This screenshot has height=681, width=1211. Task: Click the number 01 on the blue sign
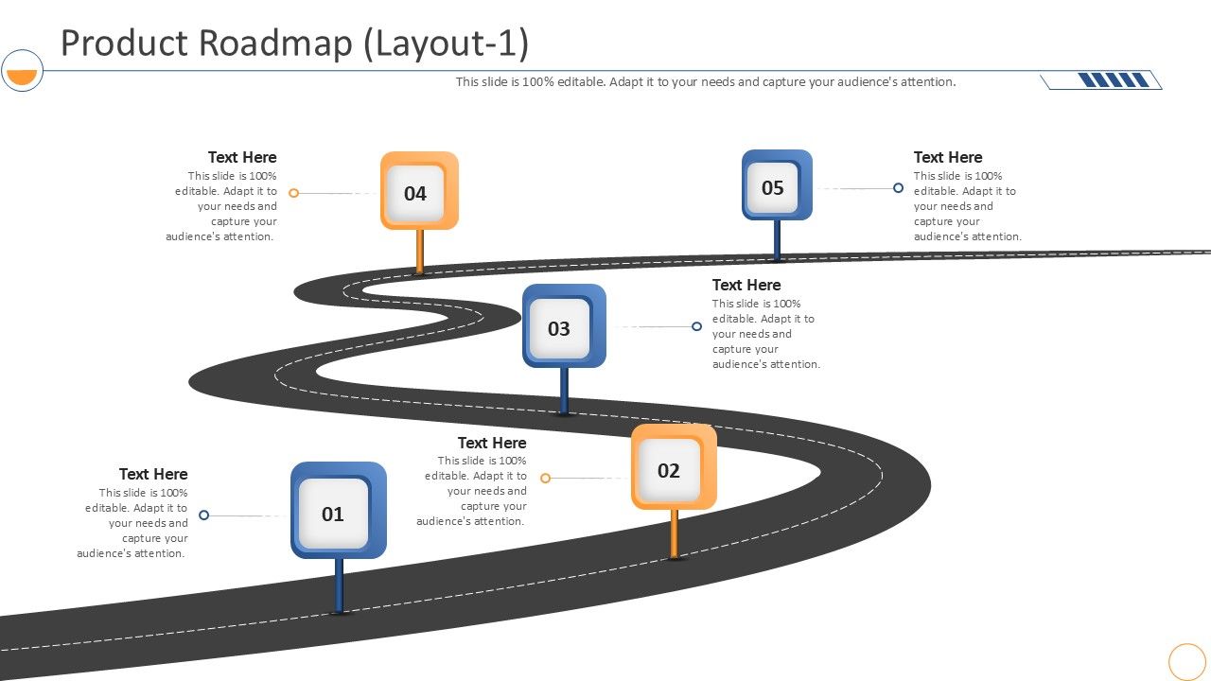[x=333, y=515]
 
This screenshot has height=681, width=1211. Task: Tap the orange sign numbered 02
[x=674, y=466]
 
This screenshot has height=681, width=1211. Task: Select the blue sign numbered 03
[x=564, y=325]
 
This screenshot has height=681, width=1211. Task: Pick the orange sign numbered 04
[x=419, y=190]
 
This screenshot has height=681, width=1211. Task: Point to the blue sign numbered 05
[x=777, y=184]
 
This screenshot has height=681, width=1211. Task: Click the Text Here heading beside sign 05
[x=948, y=157]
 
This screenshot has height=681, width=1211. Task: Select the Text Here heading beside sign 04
[x=242, y=157]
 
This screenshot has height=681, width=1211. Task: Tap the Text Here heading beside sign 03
[x=746, y=285]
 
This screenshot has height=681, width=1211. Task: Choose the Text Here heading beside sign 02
[x=492, y=443]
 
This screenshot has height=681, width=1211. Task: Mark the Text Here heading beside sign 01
[x=153, y=474]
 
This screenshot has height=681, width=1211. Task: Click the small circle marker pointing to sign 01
[x=203, y=515]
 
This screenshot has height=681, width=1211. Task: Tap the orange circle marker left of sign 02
[x=545, y=479]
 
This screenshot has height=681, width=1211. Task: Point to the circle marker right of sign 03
[x=697, y=326]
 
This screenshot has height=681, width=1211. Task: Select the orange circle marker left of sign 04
[x=293, y=193]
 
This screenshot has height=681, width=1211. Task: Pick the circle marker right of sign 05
[x=898, y=188]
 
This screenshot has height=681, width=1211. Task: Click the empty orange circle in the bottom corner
[x=1187, y=661]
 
